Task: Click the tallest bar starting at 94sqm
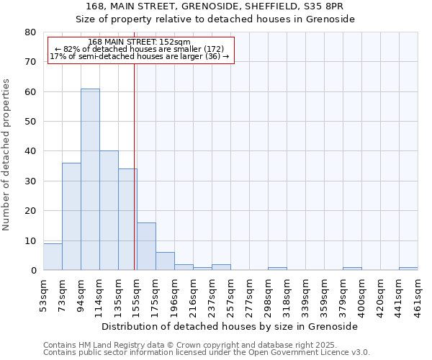[x=90, y=180]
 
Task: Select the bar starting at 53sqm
[x=53, y=257]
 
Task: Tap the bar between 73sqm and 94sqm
[x=71, y=217]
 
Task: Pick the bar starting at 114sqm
[x=109, y=211]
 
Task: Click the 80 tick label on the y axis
[x=31, y=32]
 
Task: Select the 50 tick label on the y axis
[x=31, y=122]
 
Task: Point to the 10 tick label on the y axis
[x=31, y=240]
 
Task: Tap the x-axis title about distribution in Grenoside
[x=230, y=326]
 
